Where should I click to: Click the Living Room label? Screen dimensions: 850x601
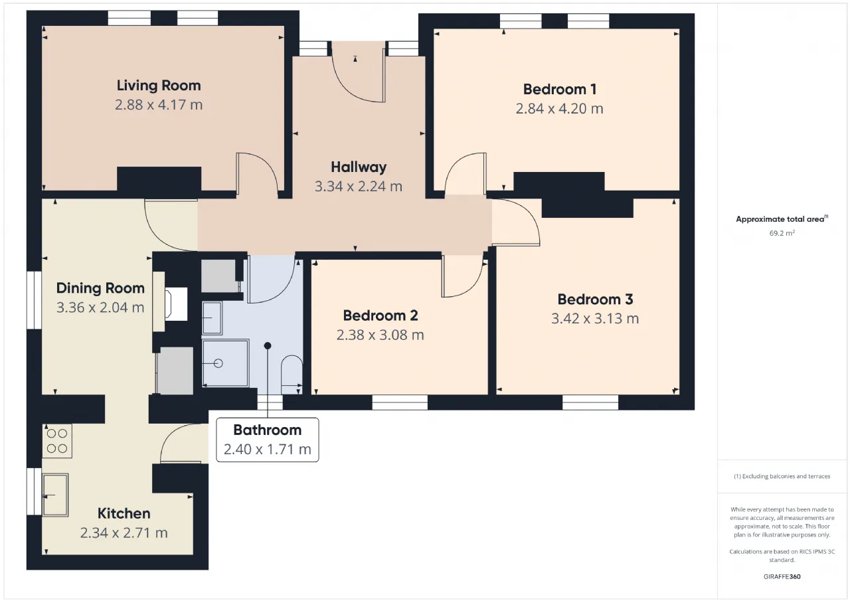159,86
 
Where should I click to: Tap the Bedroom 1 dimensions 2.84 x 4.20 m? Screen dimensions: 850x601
559,109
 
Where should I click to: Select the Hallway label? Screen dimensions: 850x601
359,167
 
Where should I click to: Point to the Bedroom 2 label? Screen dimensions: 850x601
381,315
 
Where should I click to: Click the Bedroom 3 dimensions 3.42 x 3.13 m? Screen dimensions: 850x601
595,319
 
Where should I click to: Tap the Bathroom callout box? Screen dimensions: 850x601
268,440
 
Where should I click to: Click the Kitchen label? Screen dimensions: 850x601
124,514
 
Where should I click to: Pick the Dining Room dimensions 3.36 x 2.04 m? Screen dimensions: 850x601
100,307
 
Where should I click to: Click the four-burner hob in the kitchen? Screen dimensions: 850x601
57,441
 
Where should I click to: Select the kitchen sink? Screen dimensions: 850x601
55,495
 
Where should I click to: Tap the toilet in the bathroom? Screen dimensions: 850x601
292,375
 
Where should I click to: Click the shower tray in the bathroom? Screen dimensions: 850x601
225,363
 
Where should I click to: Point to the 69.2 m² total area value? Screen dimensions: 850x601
782,233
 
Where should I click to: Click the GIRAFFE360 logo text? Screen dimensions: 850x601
782,576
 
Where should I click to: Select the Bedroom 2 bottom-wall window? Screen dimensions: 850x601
400,402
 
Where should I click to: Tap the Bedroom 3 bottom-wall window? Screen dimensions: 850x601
590,402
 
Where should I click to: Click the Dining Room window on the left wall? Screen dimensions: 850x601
34,300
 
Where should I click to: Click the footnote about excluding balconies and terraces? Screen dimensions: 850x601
782,476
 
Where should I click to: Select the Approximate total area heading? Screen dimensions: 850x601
782,219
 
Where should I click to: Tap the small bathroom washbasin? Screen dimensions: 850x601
212,318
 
